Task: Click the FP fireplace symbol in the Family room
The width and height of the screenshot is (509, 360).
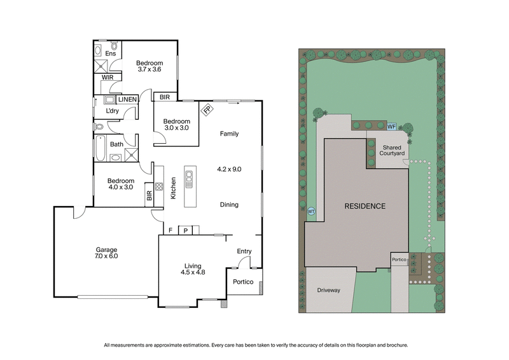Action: [208, 109]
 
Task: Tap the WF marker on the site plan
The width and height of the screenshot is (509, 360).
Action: [392, 127]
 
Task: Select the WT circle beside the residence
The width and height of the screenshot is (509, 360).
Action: [311, 211]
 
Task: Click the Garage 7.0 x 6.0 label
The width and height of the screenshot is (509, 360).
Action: [106, 253]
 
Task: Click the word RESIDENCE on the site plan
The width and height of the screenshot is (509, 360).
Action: [365, 206]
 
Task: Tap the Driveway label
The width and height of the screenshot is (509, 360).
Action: [329, 290]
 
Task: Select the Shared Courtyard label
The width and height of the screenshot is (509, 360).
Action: [391, 149]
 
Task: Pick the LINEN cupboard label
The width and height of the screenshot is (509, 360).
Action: [127, 99]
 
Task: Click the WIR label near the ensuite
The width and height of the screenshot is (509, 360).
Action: [108, 77]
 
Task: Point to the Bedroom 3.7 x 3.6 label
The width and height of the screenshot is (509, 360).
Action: [150, 66]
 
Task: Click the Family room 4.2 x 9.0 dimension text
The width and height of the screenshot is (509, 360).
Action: [229, 169]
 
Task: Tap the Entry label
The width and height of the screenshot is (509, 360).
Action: [244, 251]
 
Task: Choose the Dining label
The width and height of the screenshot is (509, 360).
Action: [229, 205]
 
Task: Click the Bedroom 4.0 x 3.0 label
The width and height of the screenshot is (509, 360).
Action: [120, 184]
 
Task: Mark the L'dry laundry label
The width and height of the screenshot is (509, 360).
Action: [112, 111]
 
